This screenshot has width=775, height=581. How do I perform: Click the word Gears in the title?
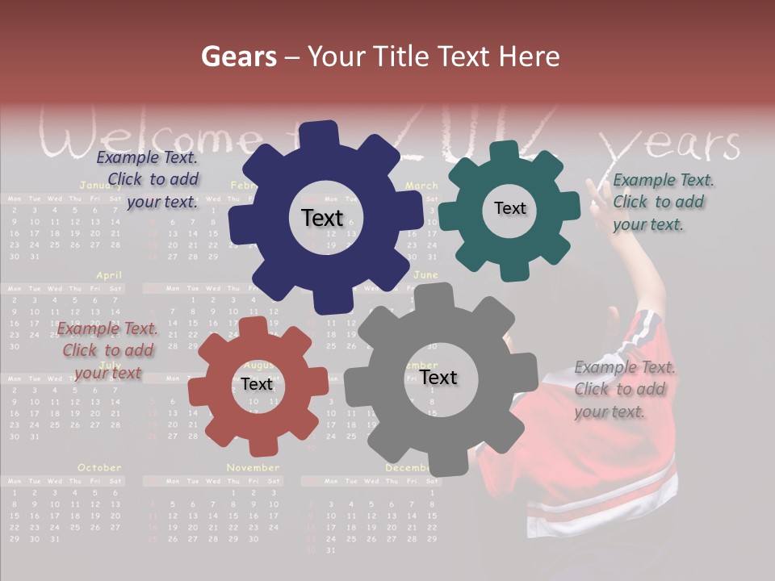click(x=238, y=56)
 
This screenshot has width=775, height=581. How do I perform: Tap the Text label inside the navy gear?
click(x=322, y=218)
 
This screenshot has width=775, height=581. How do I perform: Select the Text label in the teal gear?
click(x=509, y=208)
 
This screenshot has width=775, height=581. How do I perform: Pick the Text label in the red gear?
click(x=257, y=384)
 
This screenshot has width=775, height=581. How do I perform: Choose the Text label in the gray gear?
click(x=438, y=378)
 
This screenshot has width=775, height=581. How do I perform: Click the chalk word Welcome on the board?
click(x=153, y=138)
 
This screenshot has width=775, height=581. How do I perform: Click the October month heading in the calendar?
click(x=99, y=467)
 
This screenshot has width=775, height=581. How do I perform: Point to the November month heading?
click(x=253, y=467)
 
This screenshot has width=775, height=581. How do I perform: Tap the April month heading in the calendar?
click(x=109, y=275)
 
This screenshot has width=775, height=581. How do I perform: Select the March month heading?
click(x=421, y=186)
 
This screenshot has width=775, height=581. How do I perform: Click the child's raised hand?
click(x=597, y=196)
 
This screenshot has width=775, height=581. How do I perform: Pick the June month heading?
click(x=425, y=275)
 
